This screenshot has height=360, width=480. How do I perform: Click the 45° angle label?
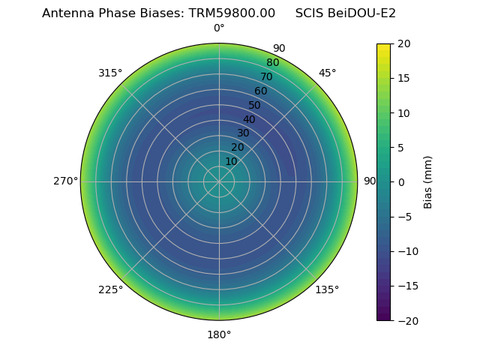coord(328,73)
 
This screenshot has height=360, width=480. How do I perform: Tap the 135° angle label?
coord(327,289)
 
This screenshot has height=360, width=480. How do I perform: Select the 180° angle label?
coord(219,334)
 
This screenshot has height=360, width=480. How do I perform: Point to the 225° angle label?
coord(110,289)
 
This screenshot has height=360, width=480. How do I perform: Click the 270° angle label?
coord(65,181)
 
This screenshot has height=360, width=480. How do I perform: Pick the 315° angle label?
coord(110,73)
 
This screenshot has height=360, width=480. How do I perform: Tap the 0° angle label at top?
coord(219,28)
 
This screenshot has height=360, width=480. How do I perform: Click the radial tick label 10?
coord(231,161)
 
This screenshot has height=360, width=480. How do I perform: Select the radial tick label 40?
coord(249,119)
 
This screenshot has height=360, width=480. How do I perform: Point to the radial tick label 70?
coord(267,76)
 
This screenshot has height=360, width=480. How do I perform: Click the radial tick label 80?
coord(273,62)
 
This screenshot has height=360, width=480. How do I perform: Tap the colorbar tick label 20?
coord(403,43)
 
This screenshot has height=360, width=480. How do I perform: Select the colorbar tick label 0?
coord(401,181)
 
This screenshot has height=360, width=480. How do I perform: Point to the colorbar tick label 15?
coord(403,78)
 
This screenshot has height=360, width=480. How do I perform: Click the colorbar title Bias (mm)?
coord(428,182)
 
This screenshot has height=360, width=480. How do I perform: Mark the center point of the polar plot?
coord(219,181)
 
